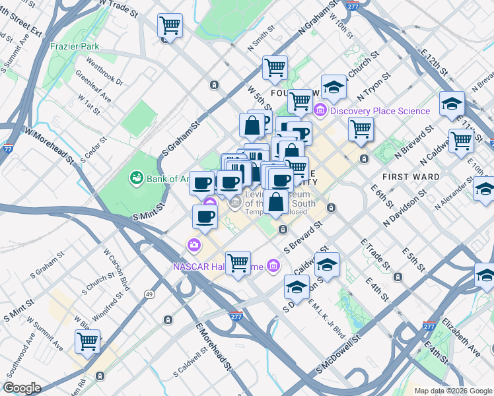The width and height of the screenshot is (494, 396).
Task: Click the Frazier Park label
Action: pos(75,47)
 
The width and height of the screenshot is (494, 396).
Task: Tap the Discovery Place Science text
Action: pos(380,111)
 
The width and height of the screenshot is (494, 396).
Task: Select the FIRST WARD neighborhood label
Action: pos(411,177)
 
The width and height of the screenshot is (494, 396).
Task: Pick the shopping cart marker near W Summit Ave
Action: pos(87,341)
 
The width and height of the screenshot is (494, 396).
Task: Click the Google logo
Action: pos(22,388)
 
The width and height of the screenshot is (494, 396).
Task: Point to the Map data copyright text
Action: pos(452,391)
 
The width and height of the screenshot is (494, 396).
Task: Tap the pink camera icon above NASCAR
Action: pos(194,246)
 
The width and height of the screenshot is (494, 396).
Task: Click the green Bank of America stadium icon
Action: pos(137,177)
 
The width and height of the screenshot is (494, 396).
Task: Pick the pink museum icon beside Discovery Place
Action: pos(321,110)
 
